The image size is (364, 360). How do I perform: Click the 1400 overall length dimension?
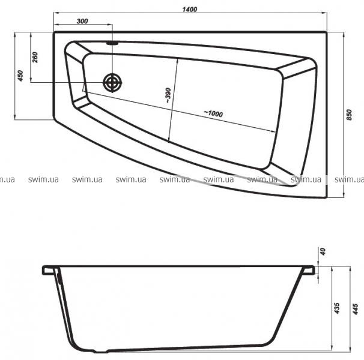tap(190, 9)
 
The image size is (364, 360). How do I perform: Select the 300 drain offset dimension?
tap(82, 21)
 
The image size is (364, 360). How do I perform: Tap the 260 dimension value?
tap(35, 57)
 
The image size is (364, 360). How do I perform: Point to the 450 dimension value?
tap(20, 76)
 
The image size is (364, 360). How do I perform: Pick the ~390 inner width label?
tap(168, 95)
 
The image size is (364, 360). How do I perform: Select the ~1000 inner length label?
tap(213, 113)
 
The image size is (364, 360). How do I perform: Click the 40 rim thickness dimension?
tap(323, 251)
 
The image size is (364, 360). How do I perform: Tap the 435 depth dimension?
tap(337, 308)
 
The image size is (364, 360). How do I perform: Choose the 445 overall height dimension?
tap(355, 309)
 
